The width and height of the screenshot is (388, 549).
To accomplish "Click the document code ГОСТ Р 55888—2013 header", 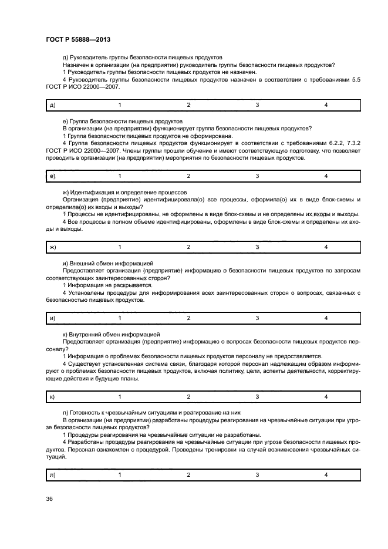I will click(76, 38).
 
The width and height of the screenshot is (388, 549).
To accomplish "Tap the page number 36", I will click(49, 499).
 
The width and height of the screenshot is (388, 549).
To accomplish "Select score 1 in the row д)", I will click(120, 105).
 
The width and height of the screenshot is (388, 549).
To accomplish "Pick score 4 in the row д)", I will click(326, 105).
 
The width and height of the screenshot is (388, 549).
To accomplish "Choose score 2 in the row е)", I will click(188, 176).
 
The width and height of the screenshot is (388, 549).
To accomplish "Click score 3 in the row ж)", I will click(257, 247).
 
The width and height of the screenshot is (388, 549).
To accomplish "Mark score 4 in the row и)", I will click(326, 318).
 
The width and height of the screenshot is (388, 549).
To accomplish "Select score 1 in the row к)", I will click(120, 397).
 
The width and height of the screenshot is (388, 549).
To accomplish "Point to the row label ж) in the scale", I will click(53, 247).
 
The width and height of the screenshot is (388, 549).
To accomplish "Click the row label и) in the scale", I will click(52, 318).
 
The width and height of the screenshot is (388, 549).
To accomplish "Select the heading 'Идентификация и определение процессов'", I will click(129, 192).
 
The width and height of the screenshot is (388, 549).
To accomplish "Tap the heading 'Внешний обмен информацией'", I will click(111, 263).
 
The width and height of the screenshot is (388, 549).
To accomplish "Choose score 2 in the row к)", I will click(188, 397).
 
